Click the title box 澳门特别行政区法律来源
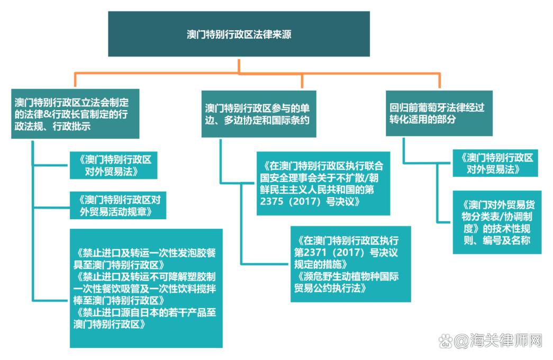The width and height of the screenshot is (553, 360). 239,34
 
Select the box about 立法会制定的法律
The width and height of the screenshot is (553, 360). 75,113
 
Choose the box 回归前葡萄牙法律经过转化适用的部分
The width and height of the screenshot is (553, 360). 439,113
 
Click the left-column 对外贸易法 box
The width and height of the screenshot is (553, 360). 113,165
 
